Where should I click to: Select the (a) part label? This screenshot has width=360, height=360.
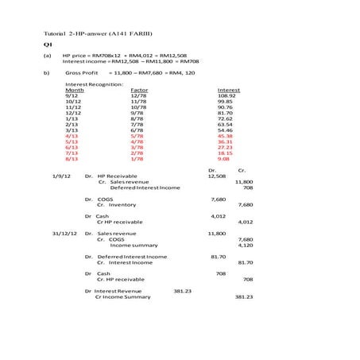[47, 56]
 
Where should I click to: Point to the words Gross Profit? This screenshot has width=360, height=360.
[82, 72]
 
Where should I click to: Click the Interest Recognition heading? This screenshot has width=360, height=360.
[95, 83]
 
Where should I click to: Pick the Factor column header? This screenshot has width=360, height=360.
[139, 90]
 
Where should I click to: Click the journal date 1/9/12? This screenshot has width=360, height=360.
[62, 176]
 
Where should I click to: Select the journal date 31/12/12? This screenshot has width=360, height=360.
[64, 234]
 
